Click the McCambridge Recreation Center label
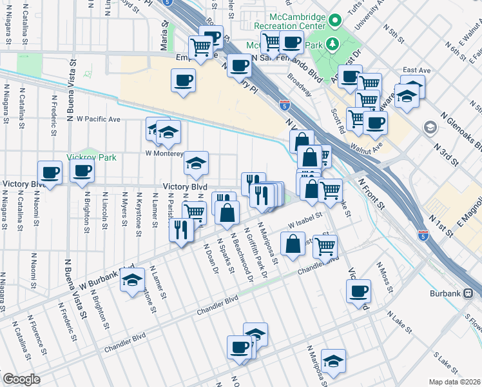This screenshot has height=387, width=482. click(288, 20)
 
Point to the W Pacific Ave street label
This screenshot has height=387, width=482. click(99, 119)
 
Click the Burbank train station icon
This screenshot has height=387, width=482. click(468, 293)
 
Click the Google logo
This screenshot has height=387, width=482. click(21, 379)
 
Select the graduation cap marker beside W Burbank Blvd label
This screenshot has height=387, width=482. click(132, 281)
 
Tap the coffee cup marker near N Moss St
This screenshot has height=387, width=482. click(358, 291)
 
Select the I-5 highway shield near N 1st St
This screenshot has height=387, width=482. click(423, 237)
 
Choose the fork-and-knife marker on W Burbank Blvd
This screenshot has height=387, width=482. click(180, 229)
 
